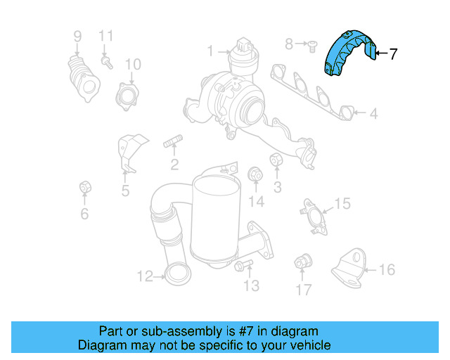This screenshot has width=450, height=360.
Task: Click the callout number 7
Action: pyautogui.click(x=393, y=53)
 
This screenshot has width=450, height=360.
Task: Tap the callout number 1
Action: pyautogui.click(x=210, y=51)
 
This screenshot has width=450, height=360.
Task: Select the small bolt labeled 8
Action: pyautogui.click(x=309, y=46)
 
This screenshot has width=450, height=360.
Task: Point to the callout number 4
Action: pyautogui.click(x=374, y=113)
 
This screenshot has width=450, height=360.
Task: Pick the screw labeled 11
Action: pyautogui.click(x=107, y=61)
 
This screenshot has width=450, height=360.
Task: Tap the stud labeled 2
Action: pyautogui.click(x=173, y=145)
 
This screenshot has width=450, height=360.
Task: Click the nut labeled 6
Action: pyautogui.click(x=84, y=188)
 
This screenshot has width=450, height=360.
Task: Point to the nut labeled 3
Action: pyautogui.click(x=276, y=162)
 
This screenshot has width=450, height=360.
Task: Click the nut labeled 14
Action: pyautogui.click(x=255, y=174)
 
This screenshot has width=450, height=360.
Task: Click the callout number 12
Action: pyautogui.click(x=144, y=277)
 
